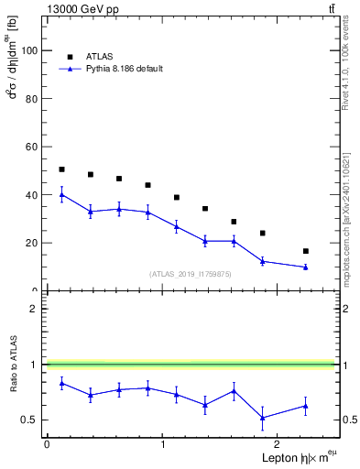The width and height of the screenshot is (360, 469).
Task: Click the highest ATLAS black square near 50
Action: [x=61, y=169]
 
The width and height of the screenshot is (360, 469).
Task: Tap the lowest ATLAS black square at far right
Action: [x=305, y=251]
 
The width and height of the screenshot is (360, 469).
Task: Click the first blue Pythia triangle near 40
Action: [x=61, y=194]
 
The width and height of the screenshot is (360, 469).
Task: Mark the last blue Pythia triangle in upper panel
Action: [x=305, y=267]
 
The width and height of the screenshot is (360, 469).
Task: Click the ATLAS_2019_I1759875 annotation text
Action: [x=190, y=274]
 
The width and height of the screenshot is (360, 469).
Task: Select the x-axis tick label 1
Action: [x=162, y=443]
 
